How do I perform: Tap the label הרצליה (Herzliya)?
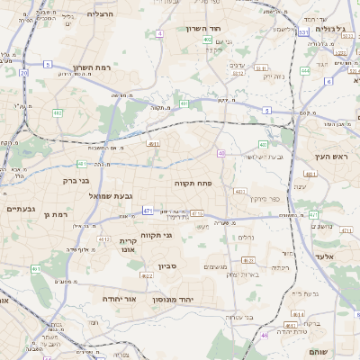(x=101, y=14)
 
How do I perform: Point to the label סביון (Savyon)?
(x=167, y=266)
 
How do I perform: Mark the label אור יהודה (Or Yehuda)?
(x=118, y=297)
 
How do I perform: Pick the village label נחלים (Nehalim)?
(x=245, y=238)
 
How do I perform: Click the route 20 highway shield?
(x=24, y=74)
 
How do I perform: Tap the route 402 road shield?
(x=208, y=40)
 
